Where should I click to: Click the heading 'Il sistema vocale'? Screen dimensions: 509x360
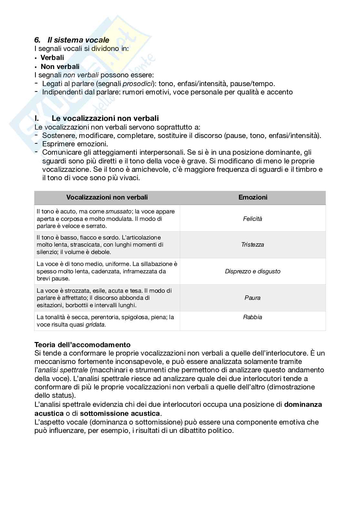coord(78,40)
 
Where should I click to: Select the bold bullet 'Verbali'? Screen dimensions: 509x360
coord(52,58)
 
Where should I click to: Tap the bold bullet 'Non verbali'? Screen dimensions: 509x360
coord(60,67)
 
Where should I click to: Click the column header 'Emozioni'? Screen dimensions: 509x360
coord(253,197)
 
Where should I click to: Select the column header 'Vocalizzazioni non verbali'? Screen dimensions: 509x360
coord(107,197)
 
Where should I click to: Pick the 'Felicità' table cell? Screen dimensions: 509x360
coord(253,219)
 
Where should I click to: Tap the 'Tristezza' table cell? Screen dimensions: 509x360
coord(253,245)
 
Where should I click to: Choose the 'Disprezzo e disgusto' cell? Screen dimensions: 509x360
coord(253,271)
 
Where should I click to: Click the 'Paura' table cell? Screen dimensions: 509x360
coord(253,298)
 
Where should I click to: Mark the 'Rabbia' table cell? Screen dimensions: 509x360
coord(253,317)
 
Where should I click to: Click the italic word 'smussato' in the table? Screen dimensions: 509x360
coord(119,212)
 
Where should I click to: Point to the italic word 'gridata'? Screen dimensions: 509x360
coord(95,325)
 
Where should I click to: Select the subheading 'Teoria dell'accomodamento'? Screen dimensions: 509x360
coord(83,345)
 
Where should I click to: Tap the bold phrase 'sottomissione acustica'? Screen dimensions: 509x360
coord(120,413)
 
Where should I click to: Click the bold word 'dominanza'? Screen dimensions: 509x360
coord(303,405)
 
